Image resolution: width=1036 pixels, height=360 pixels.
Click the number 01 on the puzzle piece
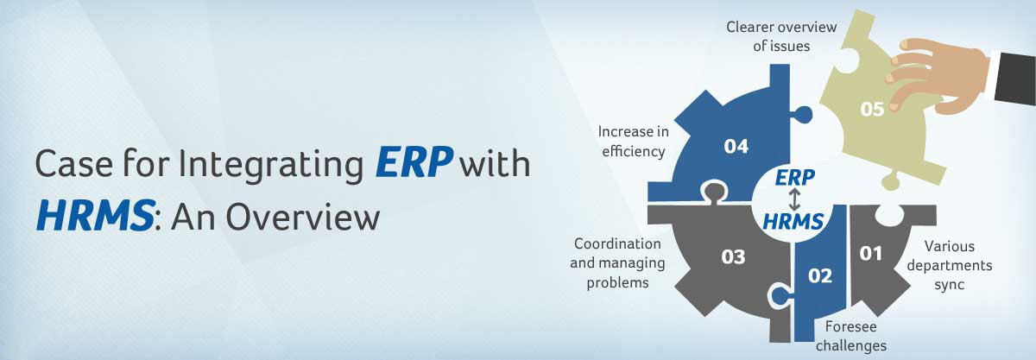[x=870, y=254]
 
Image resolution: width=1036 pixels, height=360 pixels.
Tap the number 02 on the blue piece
[x=820, y=275]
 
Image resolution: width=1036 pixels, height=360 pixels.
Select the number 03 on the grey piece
[x=733, y=256]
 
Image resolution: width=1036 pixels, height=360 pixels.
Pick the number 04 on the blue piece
[x=736, y=147]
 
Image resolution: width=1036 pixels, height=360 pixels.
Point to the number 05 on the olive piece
[x=872, y=109]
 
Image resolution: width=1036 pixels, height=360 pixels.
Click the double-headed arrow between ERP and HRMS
[x=794, y=199]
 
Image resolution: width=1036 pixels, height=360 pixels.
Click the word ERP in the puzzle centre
[x=795, y=177]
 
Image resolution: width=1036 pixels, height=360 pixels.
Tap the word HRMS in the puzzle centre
[x=793, y=222]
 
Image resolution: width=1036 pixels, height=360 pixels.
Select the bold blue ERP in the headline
[x=414, y=162]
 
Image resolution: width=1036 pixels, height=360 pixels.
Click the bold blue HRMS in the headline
[x=95, y=216]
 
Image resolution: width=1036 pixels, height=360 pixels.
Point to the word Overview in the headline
[x=302, y=217]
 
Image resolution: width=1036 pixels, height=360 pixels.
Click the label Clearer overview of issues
[x=781, y=36]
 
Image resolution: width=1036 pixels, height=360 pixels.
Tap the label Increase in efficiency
[x=633, y=142]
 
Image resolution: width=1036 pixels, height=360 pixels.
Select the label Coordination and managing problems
[x=617, y=262]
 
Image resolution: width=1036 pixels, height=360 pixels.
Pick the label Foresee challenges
[x=851, y=337]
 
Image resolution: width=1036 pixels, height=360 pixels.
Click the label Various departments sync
[x=950, y=265]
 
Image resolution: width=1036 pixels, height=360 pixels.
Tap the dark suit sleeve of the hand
[x=1014, y=78]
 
